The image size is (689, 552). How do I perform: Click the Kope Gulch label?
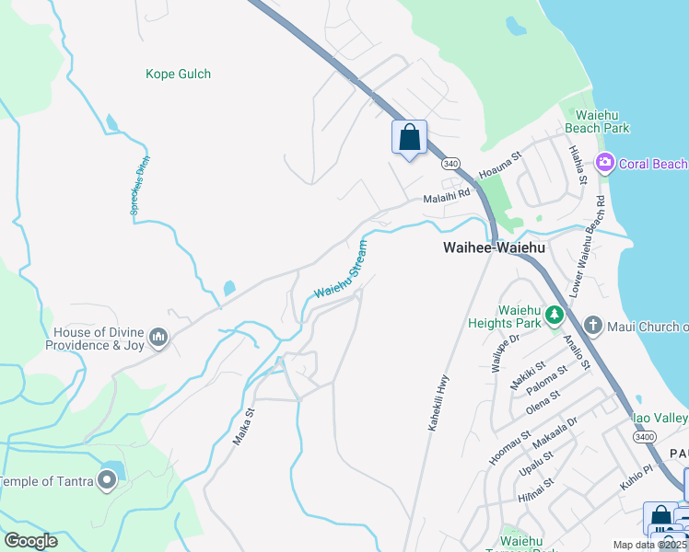coord(178,74)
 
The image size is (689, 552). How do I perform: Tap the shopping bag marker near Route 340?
coord(410,138)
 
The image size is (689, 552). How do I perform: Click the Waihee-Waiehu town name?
coord(494,247)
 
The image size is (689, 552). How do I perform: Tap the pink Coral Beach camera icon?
coord(605,163)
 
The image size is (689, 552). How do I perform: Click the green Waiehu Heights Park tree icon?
coord(554,316)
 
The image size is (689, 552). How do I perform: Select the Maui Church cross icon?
coord(593,326)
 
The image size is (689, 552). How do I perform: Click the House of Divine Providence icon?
coord(158,339)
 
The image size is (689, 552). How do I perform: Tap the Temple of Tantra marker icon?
coord(108,480)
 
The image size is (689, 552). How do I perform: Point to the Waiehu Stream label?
coord(341,270)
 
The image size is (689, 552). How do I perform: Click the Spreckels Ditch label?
coord(140,185)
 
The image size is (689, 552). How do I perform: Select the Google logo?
coord(29,541)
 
